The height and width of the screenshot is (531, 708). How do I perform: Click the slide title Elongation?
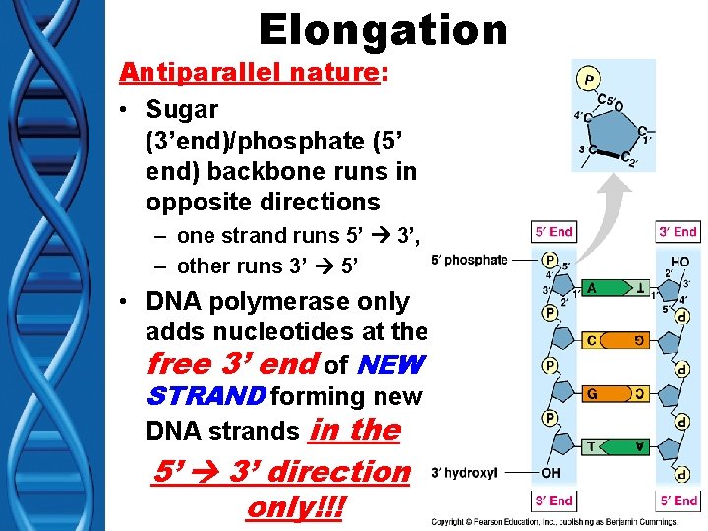point(383,29)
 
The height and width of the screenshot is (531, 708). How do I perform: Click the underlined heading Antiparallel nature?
point(249,73)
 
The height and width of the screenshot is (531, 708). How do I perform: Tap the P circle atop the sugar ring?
point(589,78)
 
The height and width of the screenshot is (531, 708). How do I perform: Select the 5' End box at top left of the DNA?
point(554,232)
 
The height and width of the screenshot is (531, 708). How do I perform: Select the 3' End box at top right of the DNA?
point(678,232)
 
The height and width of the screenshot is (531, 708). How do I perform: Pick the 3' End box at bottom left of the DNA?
point(554,501)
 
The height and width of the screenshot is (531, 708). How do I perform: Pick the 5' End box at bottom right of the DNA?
point(678,501)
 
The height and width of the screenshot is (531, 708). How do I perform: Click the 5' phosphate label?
point(469,261)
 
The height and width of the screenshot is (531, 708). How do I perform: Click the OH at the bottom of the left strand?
point(551,474)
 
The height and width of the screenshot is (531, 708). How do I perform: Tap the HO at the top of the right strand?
point(678,261)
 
